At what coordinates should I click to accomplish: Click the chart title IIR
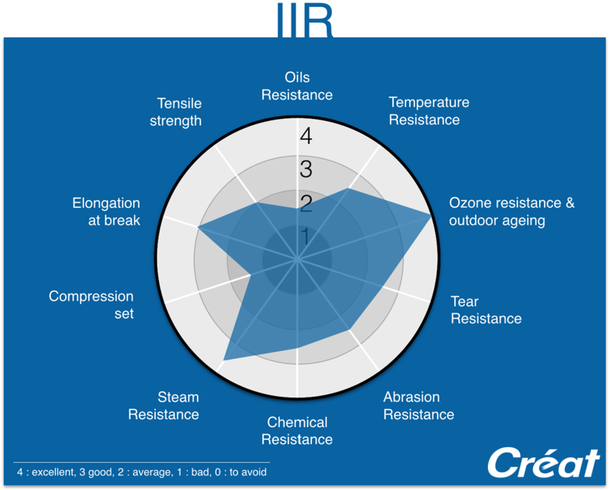[305, 20]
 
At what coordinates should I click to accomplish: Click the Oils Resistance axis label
[297, 86]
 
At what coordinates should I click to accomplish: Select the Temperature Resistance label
[429, 111]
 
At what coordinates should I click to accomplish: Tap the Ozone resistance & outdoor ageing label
[511, 211]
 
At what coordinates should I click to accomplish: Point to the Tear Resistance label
[486, 310]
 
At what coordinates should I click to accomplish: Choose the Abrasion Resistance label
[418, 406]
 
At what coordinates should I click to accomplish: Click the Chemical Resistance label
[297, 430]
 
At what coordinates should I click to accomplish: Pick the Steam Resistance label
[163, 406]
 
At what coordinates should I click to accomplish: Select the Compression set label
[91, 305]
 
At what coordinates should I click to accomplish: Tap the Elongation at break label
[106, 211]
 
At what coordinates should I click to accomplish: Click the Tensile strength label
[176, 112]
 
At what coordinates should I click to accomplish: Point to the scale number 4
[306, 136]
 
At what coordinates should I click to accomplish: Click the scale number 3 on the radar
[306, 169]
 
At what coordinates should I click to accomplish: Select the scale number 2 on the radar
[306, 203]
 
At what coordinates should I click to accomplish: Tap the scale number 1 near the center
[306, 236]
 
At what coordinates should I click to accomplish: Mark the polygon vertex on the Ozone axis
[431, 215]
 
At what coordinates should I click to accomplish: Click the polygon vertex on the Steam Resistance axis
[224, 360]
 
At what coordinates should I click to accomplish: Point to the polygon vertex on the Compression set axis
[250, 275]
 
